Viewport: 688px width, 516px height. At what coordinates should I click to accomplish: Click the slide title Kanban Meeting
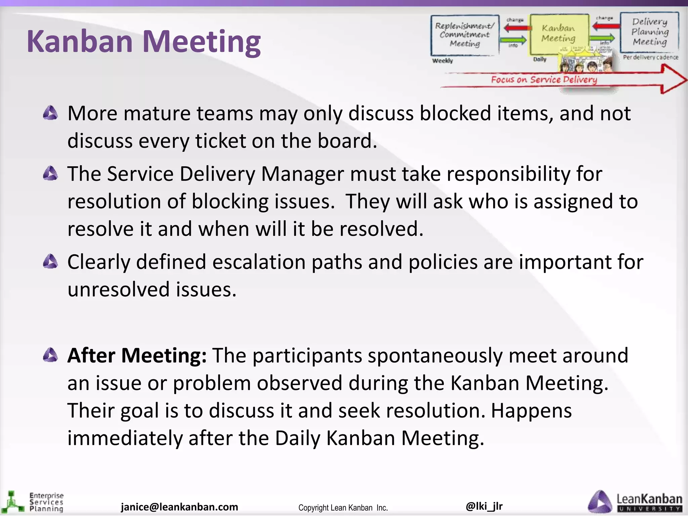tap(143, 42)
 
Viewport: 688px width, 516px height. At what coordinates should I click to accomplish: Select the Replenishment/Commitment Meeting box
tap(465, 35)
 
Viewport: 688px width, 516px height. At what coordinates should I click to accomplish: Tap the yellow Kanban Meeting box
tap(558, 34)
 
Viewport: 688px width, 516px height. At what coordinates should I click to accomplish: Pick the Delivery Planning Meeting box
tap(649, 32)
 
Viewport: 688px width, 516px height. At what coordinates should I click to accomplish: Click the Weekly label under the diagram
tap(442, 61)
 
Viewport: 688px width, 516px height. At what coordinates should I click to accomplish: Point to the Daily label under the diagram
tap(540, 59)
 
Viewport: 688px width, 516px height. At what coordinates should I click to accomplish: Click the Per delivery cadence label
tap(650, 57)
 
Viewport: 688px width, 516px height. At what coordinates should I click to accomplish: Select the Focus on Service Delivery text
tap(544, 80)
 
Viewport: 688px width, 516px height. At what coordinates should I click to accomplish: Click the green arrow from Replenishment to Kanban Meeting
tap(513, 40)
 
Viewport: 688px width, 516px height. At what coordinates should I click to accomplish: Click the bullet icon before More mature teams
tap(51, 113)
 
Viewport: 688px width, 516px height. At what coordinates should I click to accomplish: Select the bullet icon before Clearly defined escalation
tap(51, 262)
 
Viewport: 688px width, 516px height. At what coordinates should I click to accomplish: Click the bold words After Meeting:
tap(137, 355)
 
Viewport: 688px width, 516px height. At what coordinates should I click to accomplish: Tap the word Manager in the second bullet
tap(303, 174)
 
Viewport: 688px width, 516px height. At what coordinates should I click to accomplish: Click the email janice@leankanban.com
tap(179, 507)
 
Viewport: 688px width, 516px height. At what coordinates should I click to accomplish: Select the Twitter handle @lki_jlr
tap(484, 506)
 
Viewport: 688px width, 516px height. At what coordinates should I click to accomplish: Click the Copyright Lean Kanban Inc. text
tap(343, 508)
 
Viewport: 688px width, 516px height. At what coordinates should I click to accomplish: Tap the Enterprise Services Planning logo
tap(33, 502)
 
